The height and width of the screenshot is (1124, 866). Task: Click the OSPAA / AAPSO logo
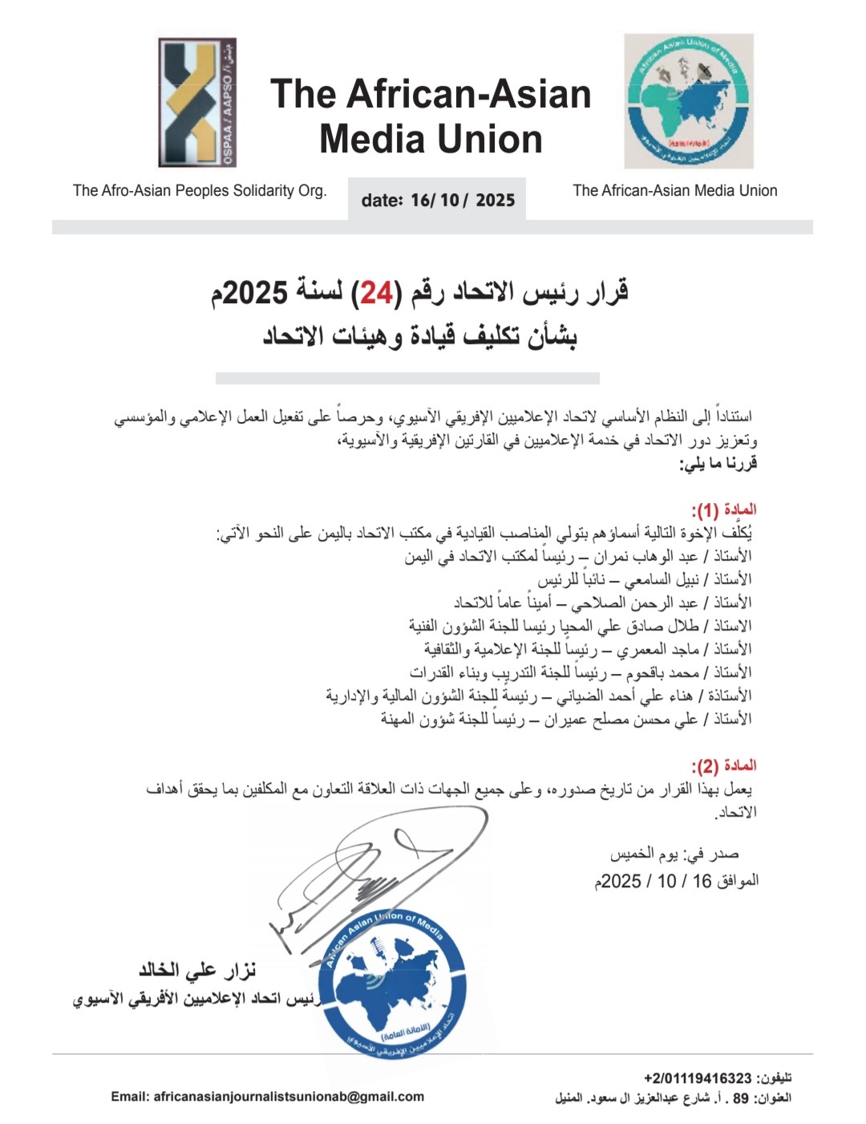click(x=197, y=103)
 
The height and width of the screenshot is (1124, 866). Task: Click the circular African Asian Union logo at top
click(x=689, y=101)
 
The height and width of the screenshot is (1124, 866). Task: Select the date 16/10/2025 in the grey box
click(x=462, y=200)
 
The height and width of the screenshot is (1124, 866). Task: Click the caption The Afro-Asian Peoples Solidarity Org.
click(x=200, y=191)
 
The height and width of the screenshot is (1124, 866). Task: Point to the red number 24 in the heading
click(x=374, y=294)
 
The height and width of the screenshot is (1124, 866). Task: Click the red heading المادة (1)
click(x=723, y=510)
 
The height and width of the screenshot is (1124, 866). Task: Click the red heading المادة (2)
click(x=723, y=765)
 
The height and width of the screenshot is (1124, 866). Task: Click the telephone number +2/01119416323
click(x=698, y=1078)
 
